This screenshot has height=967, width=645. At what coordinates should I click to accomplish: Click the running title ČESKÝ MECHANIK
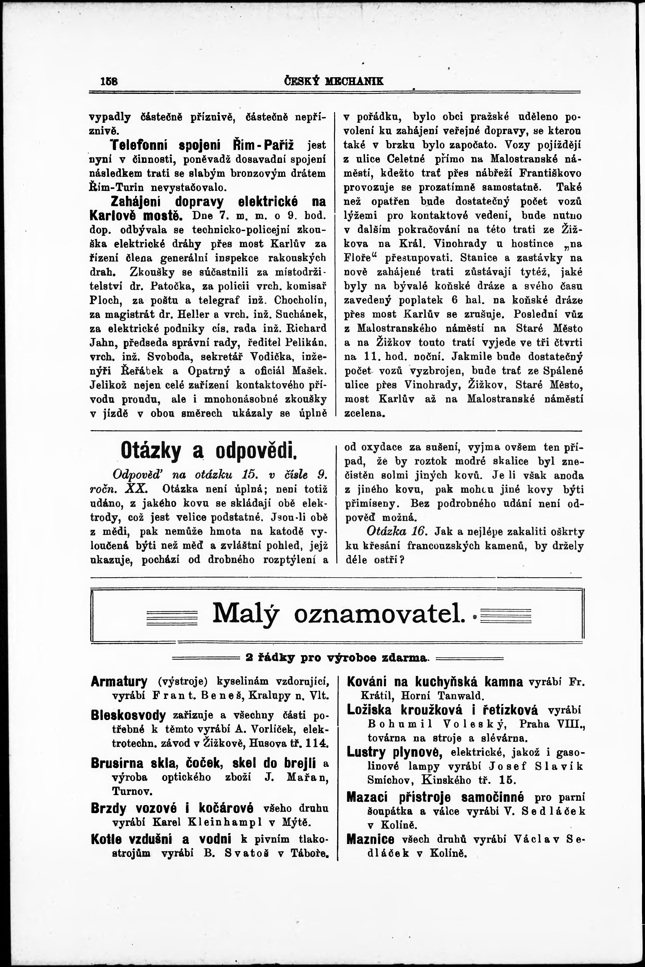[334, 81]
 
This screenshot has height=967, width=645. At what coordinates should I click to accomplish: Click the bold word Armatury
[119, 682]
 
